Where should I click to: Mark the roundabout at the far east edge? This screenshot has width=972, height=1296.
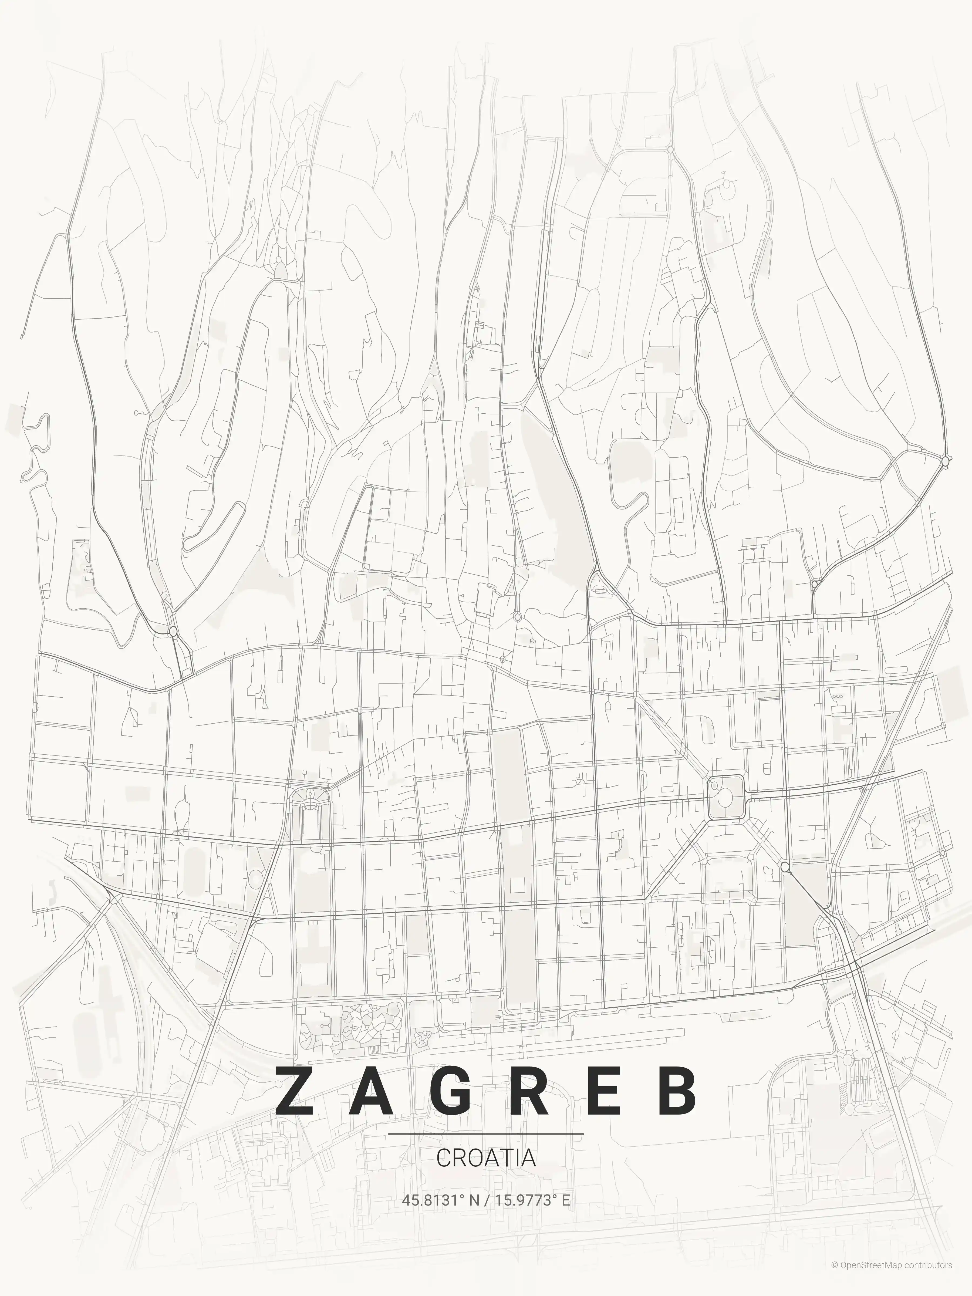pyautogui.click(x=944, y=462)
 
